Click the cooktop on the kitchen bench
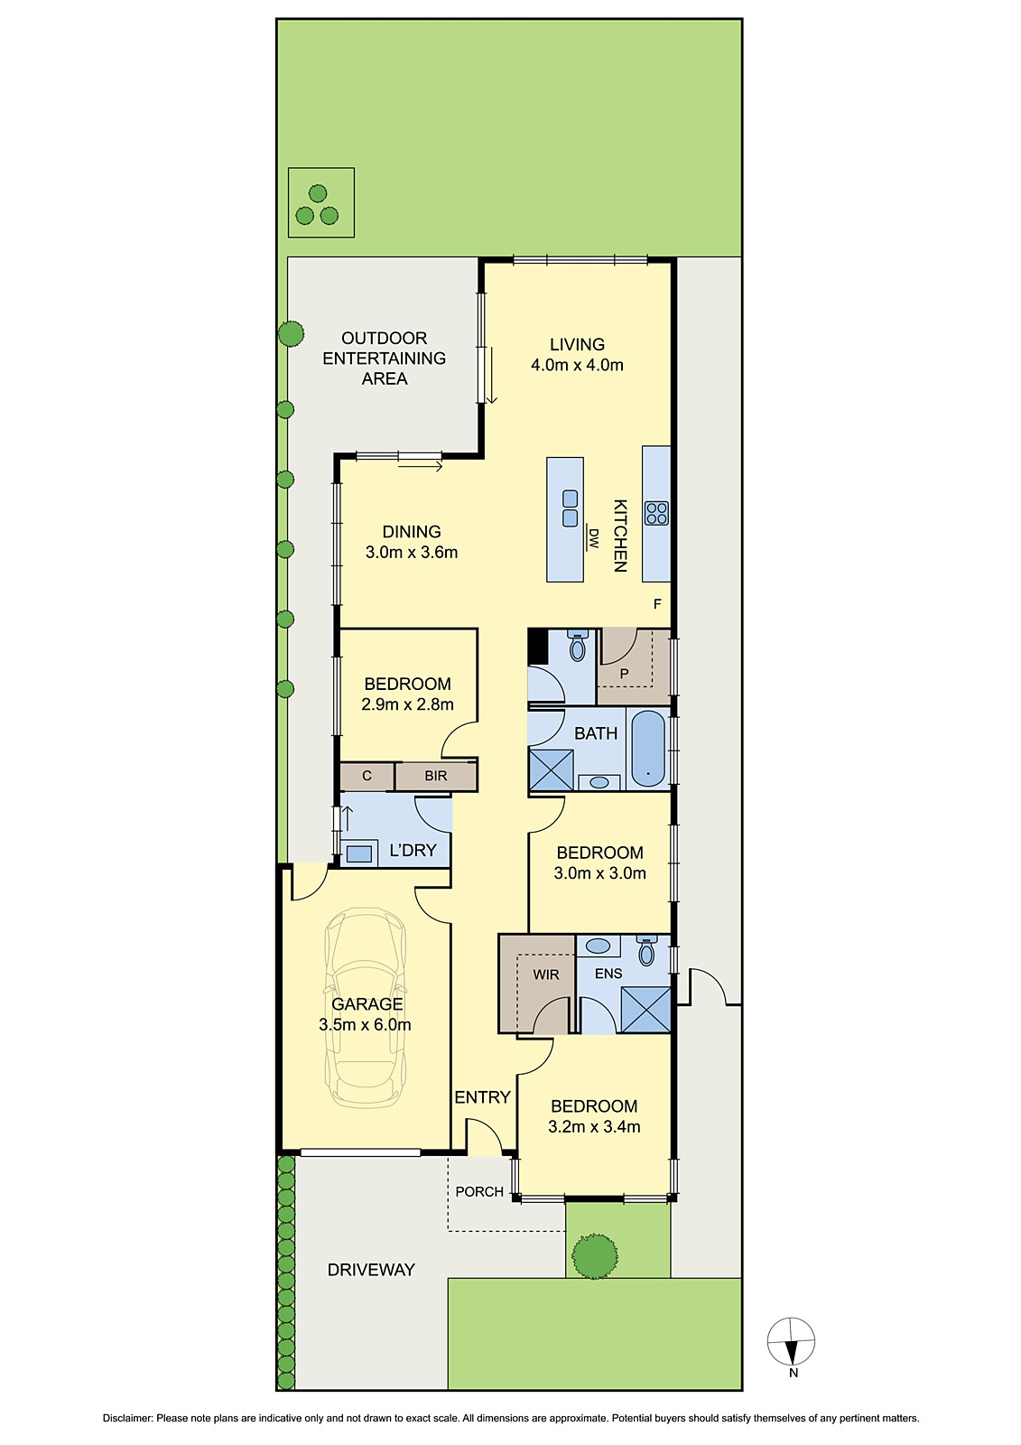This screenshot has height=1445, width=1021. pos(656,513)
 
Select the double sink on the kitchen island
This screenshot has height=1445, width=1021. pos(570,508)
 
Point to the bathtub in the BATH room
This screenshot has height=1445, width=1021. pos(647,749)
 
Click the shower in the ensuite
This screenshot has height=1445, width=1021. pos(646,1010)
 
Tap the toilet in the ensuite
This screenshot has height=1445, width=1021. pos(646,951)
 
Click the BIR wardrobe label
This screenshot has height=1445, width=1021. pos(436,776)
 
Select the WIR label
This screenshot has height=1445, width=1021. pos(545,974)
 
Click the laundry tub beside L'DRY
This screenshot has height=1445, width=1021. pos(359,853)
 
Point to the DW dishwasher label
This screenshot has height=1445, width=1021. pos(593,539)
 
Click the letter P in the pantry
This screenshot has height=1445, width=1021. pos(624,674)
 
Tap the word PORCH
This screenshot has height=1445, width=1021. pos(479,1191)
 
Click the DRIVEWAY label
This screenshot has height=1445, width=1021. pos(371,1270)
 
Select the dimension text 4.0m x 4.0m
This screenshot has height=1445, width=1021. pos(577,365)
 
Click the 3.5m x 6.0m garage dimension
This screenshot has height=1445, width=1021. pos(365,1024)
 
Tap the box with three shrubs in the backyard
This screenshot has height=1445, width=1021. pos(320,203)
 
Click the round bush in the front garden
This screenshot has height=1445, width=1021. pos(594,1254)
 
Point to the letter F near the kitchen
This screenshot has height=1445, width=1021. pos(657,604)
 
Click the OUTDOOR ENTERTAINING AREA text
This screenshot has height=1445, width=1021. pos(385,358)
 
